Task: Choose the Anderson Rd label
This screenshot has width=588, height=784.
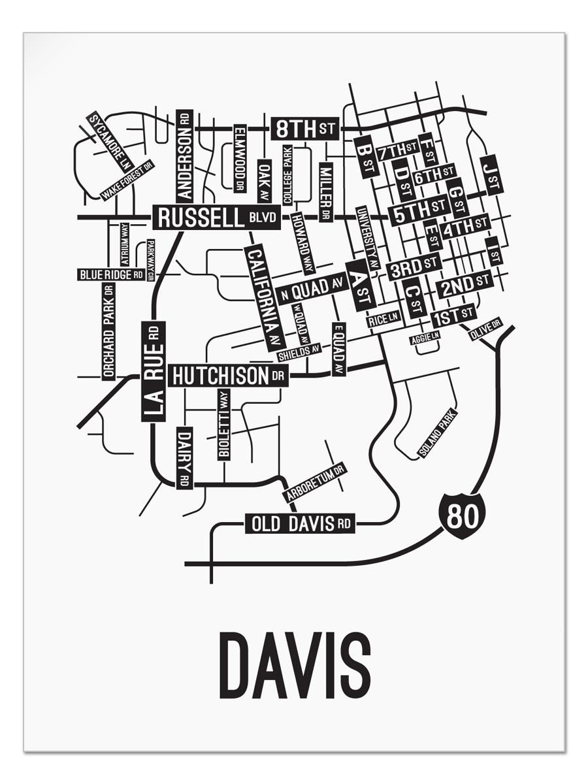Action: click(184, 155)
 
